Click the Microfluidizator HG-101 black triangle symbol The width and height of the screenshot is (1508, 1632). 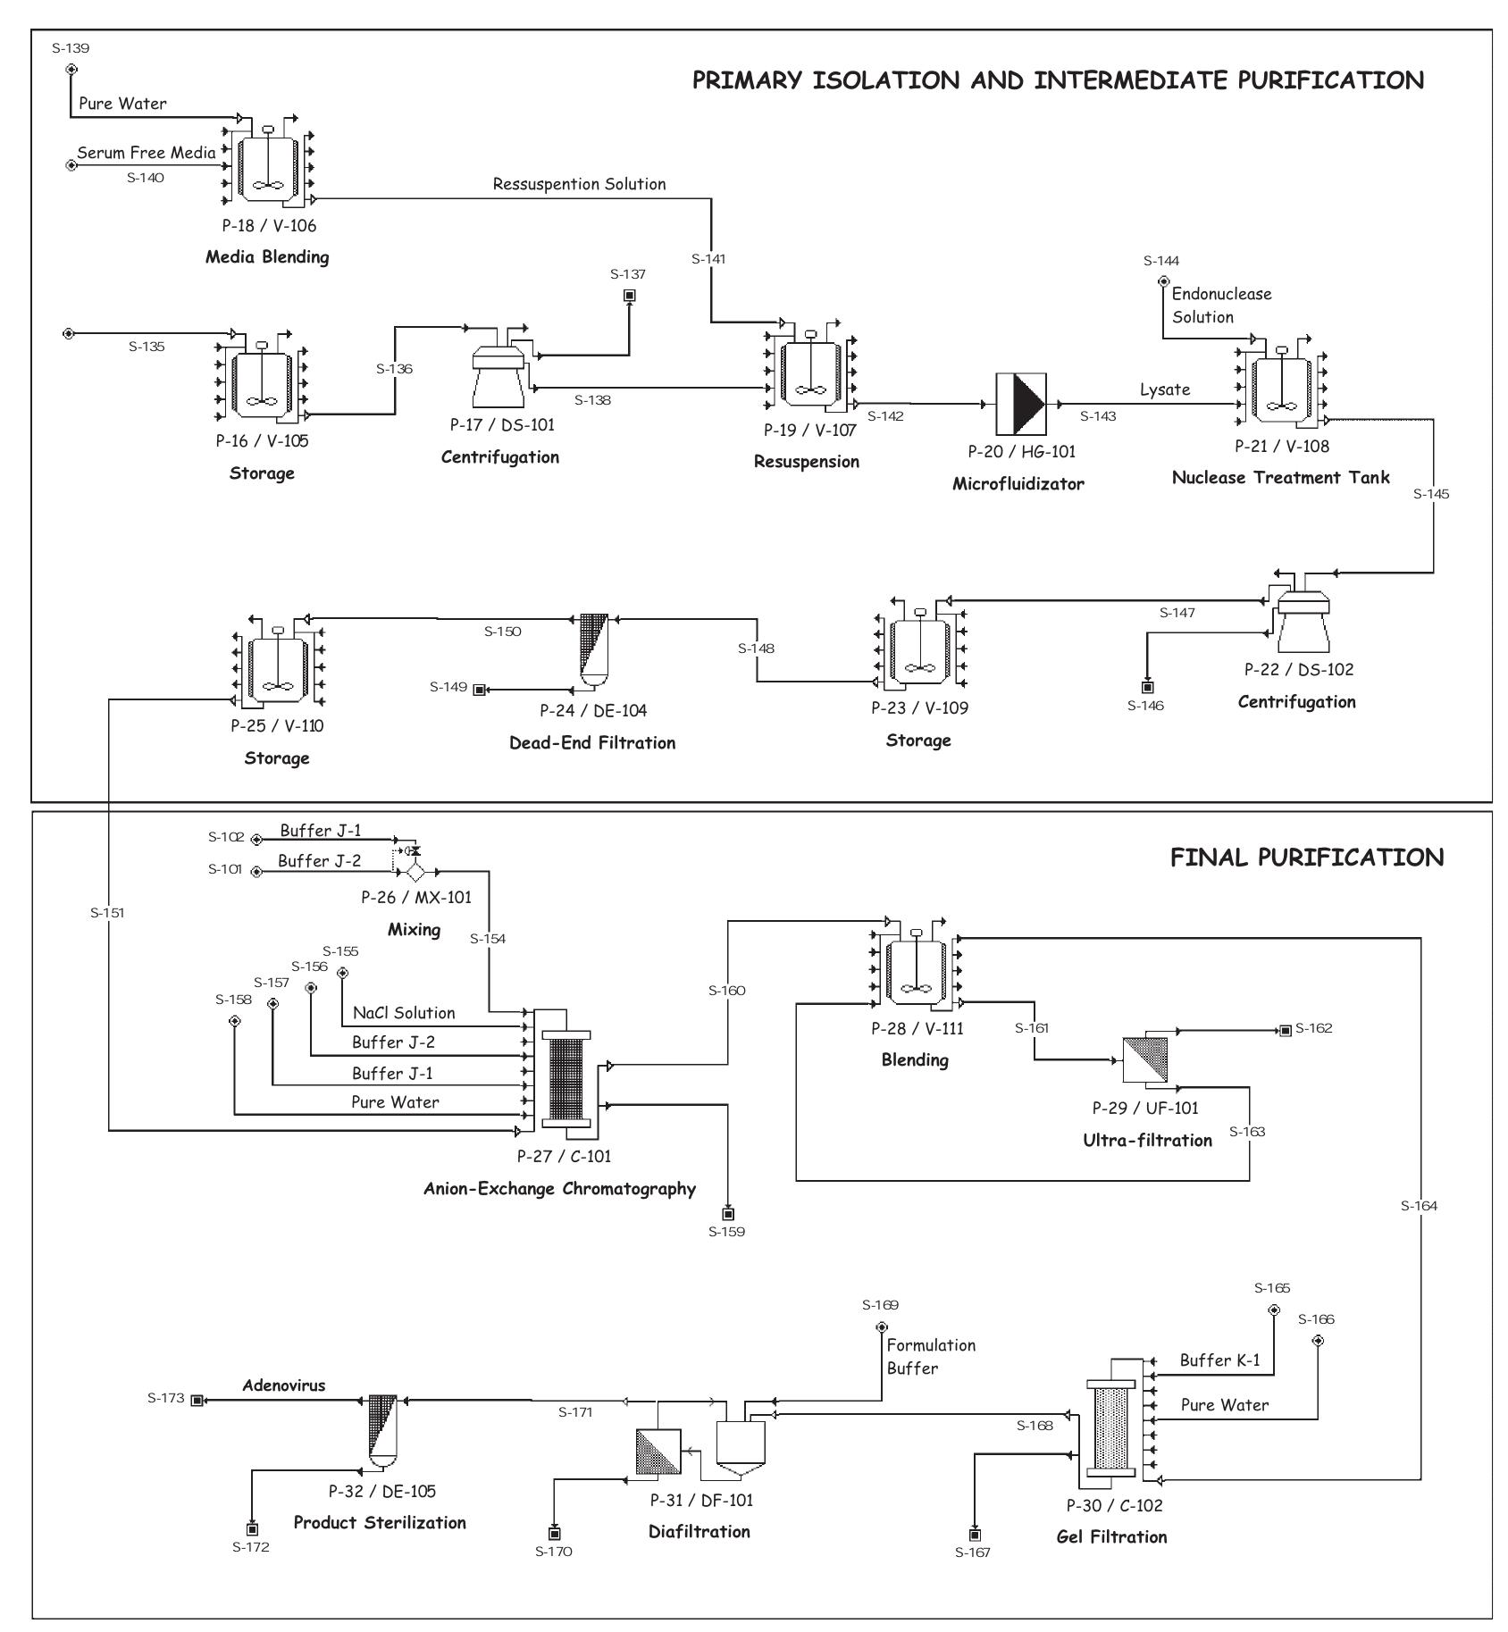[x=1022, y=404]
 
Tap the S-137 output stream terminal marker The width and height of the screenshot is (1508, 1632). [x=629, y=295]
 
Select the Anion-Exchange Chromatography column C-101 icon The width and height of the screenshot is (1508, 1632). [x=566, y=1079]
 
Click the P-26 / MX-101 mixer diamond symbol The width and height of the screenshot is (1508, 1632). [x=415, y=872]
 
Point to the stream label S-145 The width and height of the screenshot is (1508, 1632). [x=1431, y=494]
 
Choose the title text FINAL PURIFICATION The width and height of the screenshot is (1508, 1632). [x=1306, y=858]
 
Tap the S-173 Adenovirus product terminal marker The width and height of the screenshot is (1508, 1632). [x=197, y=1400]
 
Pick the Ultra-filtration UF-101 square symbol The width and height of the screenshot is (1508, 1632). [x=1145, y=1060]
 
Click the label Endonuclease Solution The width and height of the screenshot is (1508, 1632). [x=1220, y=305]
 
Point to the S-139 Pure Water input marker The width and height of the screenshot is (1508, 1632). [x=71, y=69]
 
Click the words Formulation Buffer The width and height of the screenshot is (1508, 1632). [x=930, y=1356]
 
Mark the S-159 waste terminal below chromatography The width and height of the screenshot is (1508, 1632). [x=728, y=1214]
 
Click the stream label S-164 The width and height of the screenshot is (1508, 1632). [x=1419, y=1206]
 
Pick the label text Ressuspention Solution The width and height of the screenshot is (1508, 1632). [x=579, y=184]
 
